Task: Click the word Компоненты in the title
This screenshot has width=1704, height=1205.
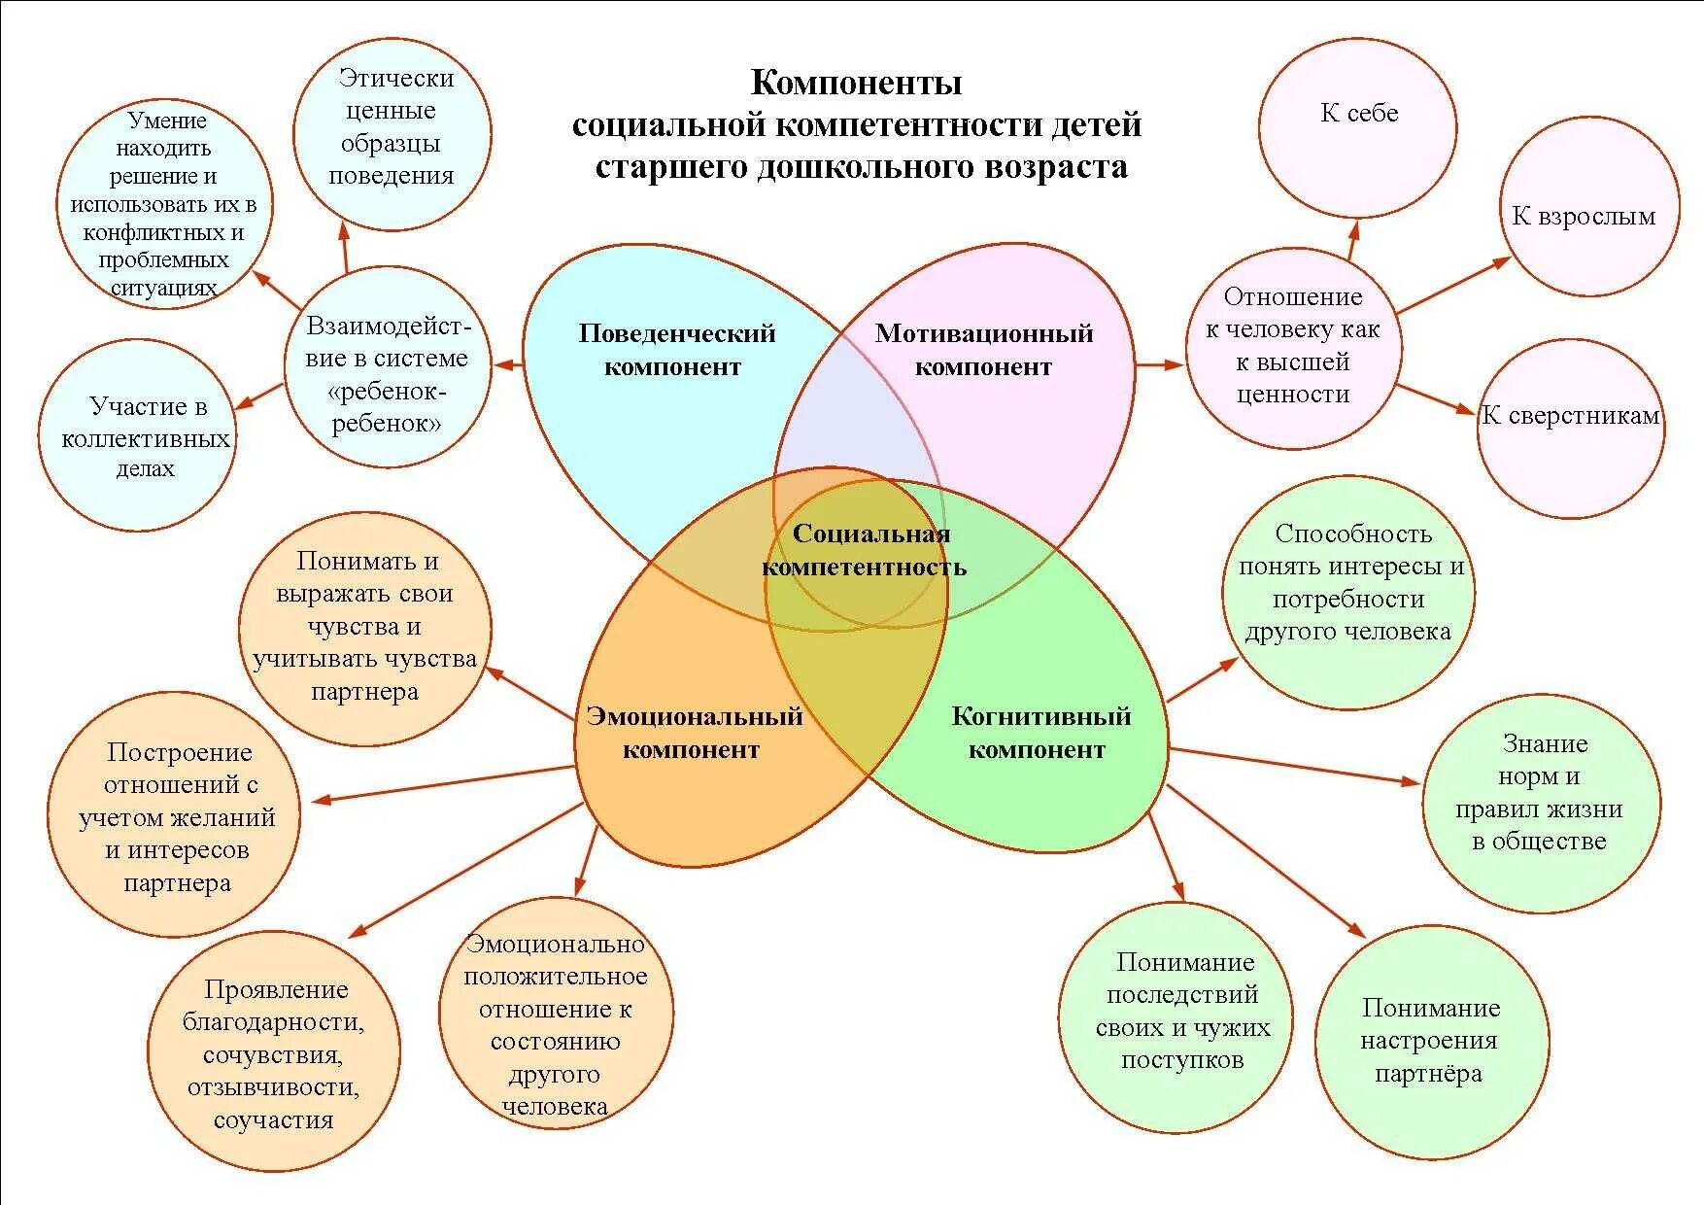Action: (x=856, y=84)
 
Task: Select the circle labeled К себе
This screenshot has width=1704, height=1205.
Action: (x=1357, y=126)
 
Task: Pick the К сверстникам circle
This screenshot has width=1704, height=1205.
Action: (x=1570, y=428)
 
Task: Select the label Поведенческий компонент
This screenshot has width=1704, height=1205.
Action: (x=676, y=350)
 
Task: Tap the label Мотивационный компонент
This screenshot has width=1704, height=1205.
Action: (x=983, y=350)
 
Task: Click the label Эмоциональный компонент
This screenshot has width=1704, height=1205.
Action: (x=694, y=733)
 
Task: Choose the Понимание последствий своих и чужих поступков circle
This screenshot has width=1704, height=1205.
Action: (x=1176, y=1016)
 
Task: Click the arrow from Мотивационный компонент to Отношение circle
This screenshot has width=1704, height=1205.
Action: (x=1159, y=364)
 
